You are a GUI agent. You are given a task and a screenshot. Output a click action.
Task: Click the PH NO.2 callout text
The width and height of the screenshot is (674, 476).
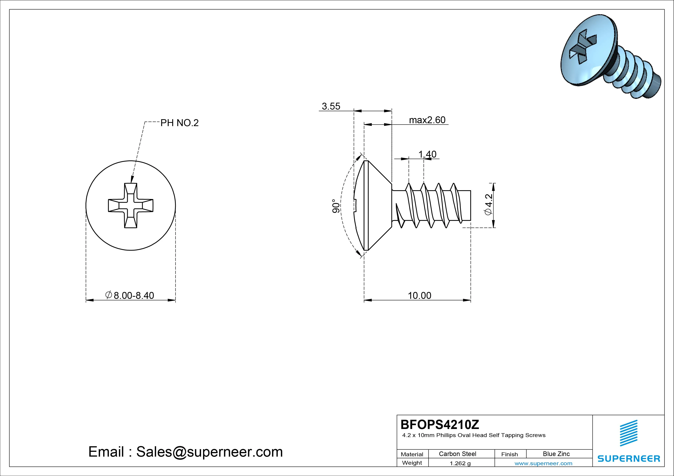[x=179, y=123]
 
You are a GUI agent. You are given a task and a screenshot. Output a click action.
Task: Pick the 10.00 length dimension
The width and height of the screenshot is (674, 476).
[x=419, y=295]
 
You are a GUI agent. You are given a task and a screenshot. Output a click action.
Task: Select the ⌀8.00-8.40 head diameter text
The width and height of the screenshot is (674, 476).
[x=130, y=295]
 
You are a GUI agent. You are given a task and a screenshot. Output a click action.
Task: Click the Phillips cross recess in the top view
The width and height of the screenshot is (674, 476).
[x=131, y=206]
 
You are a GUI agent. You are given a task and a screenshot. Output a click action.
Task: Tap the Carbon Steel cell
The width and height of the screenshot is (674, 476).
[x=457, y=454]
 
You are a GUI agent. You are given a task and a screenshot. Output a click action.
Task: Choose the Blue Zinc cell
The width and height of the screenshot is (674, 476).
[x=556, y=454]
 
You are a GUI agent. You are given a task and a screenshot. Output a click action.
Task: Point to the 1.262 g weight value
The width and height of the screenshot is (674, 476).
[x=460, y=463]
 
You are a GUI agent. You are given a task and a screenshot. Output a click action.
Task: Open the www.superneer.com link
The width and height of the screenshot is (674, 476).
[x=543, y=463]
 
